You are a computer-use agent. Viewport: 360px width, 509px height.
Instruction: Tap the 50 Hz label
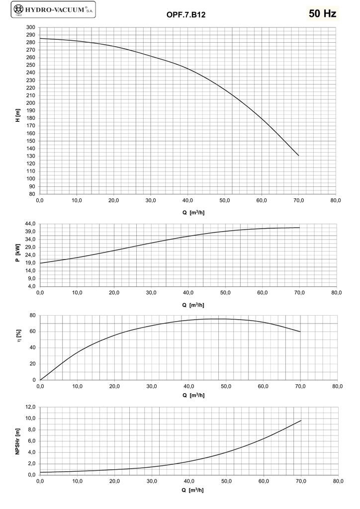pos(323,13)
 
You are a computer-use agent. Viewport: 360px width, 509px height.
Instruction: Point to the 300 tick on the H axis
pos(31,27)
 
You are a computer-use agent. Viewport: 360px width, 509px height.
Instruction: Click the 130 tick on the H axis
pos(31,156)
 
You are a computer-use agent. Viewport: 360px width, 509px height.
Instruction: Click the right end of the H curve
pos(299,156)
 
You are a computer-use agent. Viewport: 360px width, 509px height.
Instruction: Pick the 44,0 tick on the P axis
pos(30,224)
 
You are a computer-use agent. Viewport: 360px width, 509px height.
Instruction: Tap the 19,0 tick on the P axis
pos(30,263)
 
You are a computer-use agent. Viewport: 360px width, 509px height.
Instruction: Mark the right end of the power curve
pos(299,228)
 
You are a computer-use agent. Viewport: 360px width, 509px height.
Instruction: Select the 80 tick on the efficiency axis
pos(32,316)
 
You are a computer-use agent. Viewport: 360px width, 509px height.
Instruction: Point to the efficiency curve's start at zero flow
pos(40,380)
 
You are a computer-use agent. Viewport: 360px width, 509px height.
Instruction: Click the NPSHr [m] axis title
pos(17,440)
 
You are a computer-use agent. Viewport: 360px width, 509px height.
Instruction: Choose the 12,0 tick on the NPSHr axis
pos(30,407)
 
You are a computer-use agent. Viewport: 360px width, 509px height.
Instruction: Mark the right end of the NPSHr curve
pos(301,421)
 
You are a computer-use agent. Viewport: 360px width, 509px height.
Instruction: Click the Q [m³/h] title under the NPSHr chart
pos(193,490)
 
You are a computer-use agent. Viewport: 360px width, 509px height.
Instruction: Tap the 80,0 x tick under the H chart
pos(336,201)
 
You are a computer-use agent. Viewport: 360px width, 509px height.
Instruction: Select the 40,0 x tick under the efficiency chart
pos(189,387)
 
